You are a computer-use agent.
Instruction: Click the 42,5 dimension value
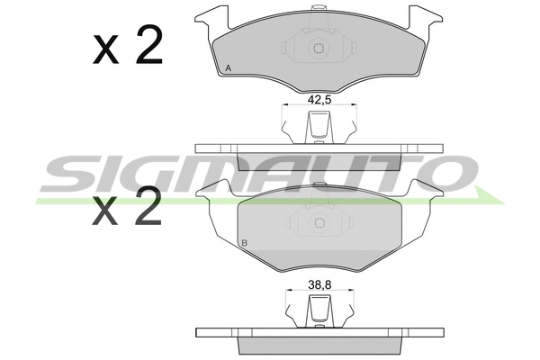pos(319,100)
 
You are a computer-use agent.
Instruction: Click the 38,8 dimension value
pos(319,285)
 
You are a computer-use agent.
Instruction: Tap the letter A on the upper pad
pos(228,68)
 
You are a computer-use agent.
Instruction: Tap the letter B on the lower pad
pos(245,243)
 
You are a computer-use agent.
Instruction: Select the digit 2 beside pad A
pos(148,44)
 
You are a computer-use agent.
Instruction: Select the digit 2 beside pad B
pos(148,206)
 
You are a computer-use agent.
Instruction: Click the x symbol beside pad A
pos(105,50)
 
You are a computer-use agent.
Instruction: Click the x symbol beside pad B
pos(104,211)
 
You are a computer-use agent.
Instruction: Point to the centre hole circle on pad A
pos(319,48)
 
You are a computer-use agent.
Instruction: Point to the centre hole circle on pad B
pos(319,222)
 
